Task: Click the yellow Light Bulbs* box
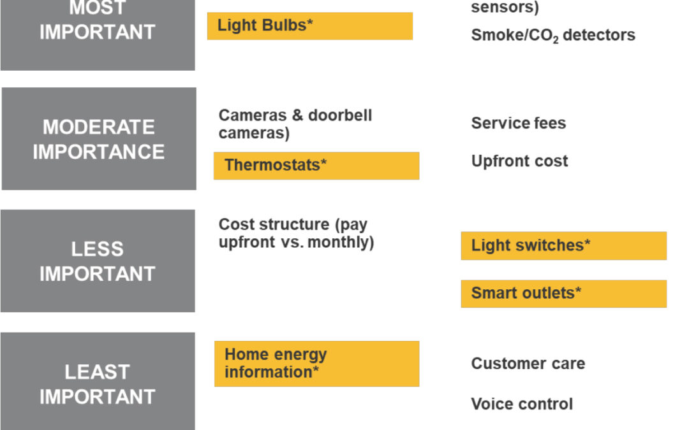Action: click(x=310, y=26)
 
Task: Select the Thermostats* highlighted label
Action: click(x=316, y=166)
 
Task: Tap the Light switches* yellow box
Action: click(x=564, y=246)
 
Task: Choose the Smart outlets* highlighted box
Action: click(x=564, y=294)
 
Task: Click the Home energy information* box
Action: click(x=317, y=364)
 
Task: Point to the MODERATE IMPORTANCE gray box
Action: click(x=99, y=139)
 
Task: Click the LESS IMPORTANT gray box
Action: click(x=98, y=261)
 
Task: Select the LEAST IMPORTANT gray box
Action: click(x=98, y=382)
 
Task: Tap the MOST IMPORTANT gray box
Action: click(x=98, y=35)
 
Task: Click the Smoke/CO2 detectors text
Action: click(x=552, y=35)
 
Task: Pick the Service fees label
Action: click(x=519, y=124)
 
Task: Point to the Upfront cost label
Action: click(x=519, y=161)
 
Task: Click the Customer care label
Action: click(x=528, y=363)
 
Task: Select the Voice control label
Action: click(x=522, y=404)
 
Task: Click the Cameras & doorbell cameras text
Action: click(x=295, y=124)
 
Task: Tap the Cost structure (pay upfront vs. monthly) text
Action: click(x=297, y=233)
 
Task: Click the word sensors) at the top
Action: click(x=505, y=7)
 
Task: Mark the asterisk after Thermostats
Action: click(x=323, y=161)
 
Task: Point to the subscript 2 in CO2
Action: click(x=556, y=40)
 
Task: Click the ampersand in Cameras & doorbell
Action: click(x=297, y=115)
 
